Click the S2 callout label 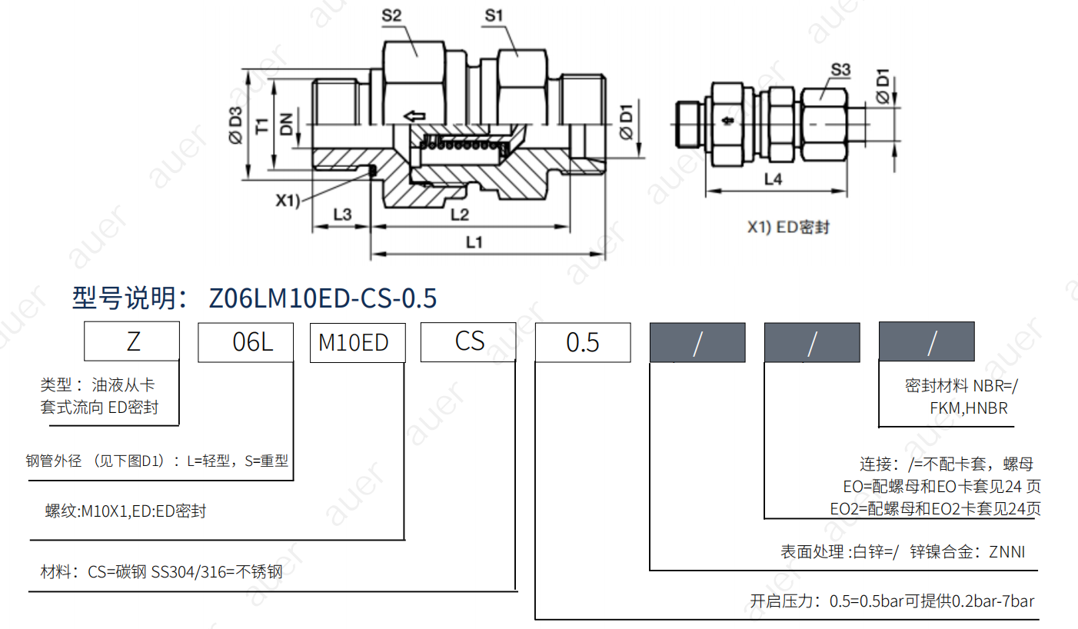pos(391,15)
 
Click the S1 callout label pos(494,15)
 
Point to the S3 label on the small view pos(840,70)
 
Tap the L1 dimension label pos(474,241)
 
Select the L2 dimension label pos(460,215)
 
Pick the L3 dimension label pos(342,215)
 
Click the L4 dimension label pos(773,179)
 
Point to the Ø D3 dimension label pos(235,125)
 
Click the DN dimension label pos(286,124)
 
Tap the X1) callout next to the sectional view pos(288,200)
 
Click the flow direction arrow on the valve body pos(414,116)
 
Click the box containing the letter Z pos(131,341)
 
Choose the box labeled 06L pos(245,342)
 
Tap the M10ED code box pos(358,343)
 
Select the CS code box pos(468,341)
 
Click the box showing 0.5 pos(583,342)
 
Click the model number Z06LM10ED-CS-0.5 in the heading pos(323,298)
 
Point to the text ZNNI pos(1006,551)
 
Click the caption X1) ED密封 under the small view pos(788,227)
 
